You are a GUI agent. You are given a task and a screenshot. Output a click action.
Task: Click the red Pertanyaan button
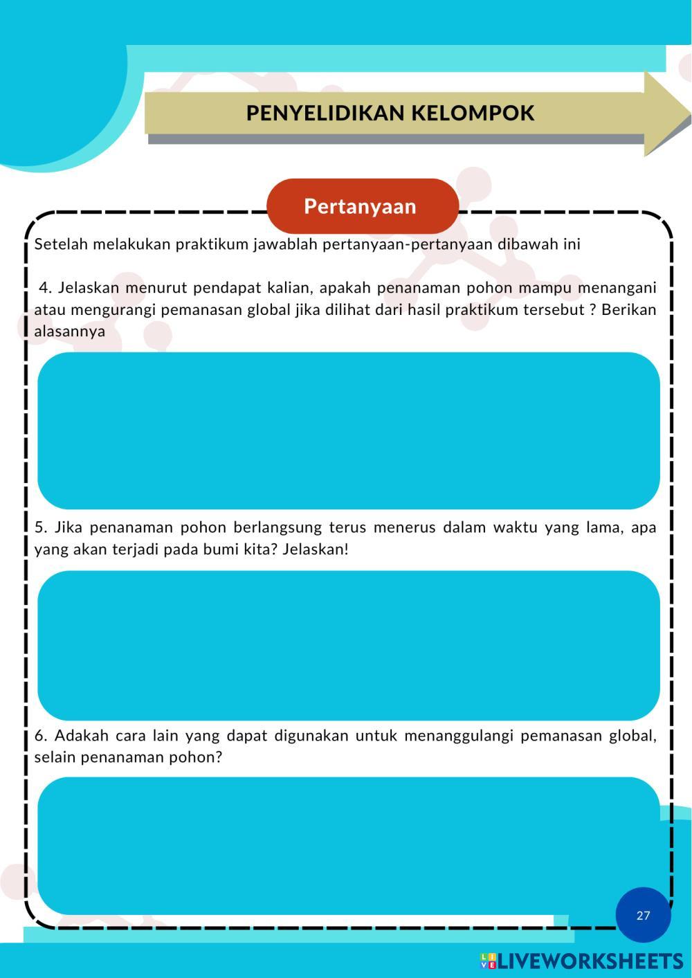[362, 206]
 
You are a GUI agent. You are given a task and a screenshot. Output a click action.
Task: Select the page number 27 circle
[643, 915]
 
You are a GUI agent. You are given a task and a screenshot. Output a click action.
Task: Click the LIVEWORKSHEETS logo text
[590, 961]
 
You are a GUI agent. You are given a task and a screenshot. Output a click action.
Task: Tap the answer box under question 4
[348, 431]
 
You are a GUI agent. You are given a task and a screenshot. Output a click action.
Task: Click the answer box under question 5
[348, 645]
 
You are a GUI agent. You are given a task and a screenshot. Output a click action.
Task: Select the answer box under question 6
[348, 844]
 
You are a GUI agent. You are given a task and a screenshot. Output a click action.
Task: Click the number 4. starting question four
[46, 287]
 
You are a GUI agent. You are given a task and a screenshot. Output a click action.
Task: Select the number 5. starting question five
[42, 527]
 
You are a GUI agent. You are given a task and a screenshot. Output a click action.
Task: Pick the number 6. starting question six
[42, 735]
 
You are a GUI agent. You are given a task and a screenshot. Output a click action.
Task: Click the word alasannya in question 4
[70, 331]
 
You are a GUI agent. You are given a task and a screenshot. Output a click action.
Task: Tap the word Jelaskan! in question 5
[316, 550]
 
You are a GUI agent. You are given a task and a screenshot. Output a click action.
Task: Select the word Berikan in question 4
[628, 309]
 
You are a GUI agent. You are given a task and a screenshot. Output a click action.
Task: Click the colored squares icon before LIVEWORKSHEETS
[489, 961]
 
